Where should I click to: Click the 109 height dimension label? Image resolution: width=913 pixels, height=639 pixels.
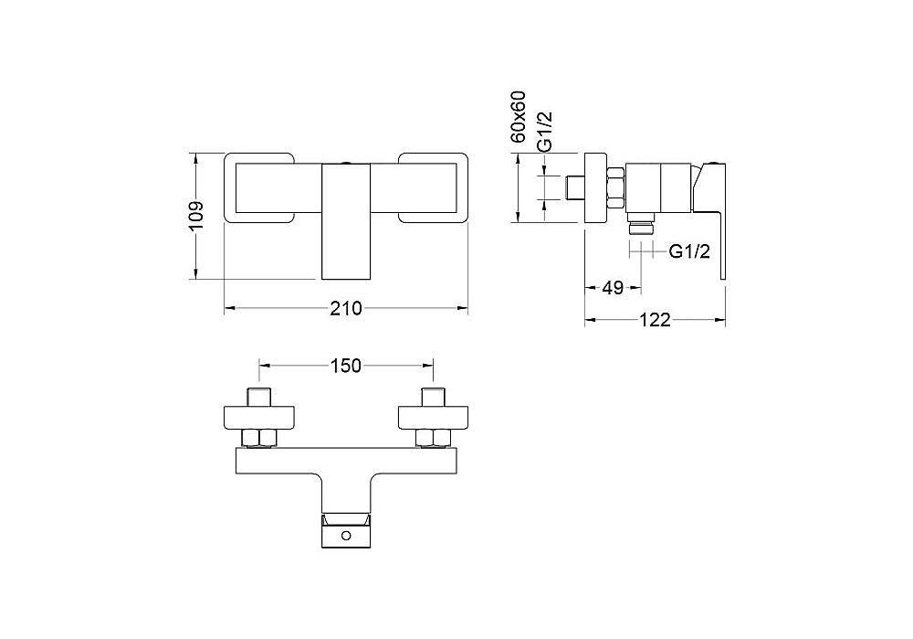pyautogui.click(x=197, y=217)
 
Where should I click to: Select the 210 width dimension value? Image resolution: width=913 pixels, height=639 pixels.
pyautogui.click(x=346, y=308)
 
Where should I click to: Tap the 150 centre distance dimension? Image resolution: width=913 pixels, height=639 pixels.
pyautogui.click(x=346, y=366)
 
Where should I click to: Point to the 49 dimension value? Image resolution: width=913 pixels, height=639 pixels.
pyautogui.click(x=613, y=287)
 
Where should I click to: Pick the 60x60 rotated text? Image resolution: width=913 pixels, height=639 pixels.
pyautogui.click(x=518, y=117)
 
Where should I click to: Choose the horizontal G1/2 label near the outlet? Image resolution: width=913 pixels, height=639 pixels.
pyautogui.click(x=689, y=251)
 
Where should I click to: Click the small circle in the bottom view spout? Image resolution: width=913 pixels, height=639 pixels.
pyautogui.click(x=346, y=535)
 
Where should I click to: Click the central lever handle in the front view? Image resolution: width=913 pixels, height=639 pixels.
pyautogui.click(x=346, y=221)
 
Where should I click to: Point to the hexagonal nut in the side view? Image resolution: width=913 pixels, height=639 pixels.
pyautogui.click(x=616, y=187)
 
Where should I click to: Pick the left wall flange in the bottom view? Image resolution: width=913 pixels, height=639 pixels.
pyautogui.click(x=259, y=418)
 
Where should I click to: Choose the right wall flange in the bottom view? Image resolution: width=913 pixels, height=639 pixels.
pyautogui.click(x=433, y=418)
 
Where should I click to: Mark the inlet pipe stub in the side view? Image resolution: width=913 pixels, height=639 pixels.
pyautogui.click(x=575, y=187)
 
